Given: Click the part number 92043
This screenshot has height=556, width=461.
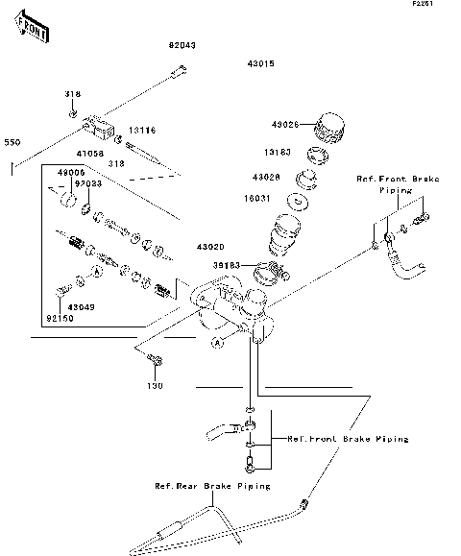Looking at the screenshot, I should [x=182, y=45].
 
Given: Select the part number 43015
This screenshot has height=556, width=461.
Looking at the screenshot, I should [x=261, y=63].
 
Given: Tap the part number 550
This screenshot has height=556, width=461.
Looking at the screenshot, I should [x=12, y=143].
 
